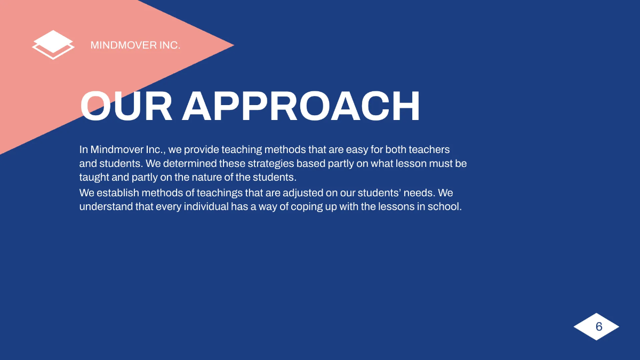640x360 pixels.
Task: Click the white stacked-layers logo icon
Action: [x=53, y=45]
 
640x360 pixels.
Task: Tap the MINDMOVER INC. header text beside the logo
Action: [x=135, y=45]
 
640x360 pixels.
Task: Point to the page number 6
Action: [x=598, y=326]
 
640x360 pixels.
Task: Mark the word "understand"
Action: [x=106, y=206]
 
